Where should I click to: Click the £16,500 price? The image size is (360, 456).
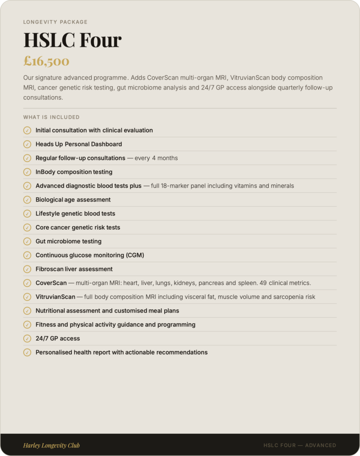[x=46, y=61]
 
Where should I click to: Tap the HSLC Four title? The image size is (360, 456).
[x=72, y=40]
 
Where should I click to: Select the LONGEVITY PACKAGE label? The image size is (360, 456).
[x=55, y=22]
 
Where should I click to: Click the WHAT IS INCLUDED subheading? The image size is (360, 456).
[x=51, y=117]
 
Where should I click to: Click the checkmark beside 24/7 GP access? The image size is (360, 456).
[x=27, y=338]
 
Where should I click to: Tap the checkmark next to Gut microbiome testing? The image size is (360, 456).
[x=27, y=241]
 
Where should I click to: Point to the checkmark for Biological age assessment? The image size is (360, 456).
[x=27, y=199]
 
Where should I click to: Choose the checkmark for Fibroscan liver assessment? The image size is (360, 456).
[x=27, y=269]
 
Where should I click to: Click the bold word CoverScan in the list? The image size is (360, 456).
[x=51, y=283]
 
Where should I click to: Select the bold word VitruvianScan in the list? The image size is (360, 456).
[x=55, y=297]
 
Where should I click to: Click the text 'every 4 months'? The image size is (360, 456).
[x=156, y=158]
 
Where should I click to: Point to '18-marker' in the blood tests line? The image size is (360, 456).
[x=176, y=186]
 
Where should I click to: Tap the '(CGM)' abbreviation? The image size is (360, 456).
[x=135, y=255]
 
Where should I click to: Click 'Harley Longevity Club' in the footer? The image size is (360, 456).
[x=51, y=445]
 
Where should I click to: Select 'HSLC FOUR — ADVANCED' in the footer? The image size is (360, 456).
[x=299, y=445]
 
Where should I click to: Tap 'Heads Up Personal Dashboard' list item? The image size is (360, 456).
[x=79, y=144]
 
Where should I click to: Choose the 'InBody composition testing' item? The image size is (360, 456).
[x=74, y=172]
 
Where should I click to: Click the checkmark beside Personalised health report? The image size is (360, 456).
[x=27, y=352]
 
